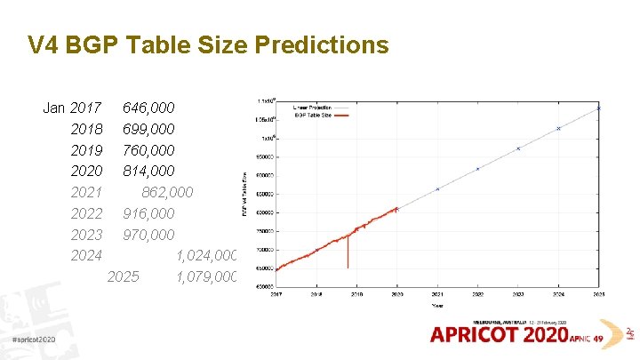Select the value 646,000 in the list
click(x=148, y=108)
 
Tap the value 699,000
click(x=148, y=129)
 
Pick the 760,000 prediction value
click(x=148, y=150)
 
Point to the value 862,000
click(x=166, y=192)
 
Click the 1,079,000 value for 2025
click(x=206, y=276)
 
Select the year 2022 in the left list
click(x=86, y=213)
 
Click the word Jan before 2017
click(x=53, y=108)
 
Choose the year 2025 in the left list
click(x=123, y=276)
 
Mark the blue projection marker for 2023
click(x=518, y=148)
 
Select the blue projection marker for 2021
click(x=437, y=189)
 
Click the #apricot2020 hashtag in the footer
click(x=34, y=340)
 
